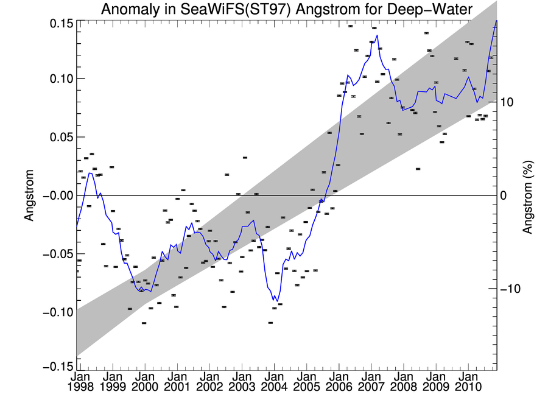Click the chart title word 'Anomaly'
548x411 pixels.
pos(131,10)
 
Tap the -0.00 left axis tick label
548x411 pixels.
pos(58,195)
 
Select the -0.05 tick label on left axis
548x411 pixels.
pos(58,254)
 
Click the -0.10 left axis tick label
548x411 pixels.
pos(58,312)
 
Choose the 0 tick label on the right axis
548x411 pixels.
pos(504,195)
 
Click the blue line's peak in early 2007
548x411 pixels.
pos(378,35)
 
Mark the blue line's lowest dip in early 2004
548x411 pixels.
pos(277,301)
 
